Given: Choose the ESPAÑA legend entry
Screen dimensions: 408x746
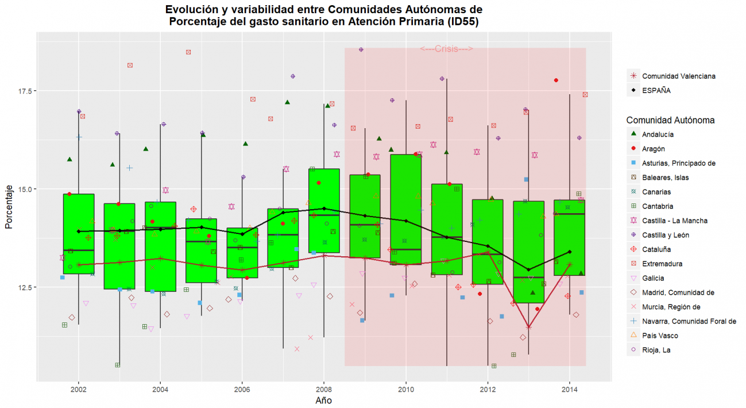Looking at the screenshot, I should coord(656,90).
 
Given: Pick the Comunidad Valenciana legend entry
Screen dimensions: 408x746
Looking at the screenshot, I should coord(678,76).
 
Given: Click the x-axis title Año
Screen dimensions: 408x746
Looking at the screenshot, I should coord(323,400).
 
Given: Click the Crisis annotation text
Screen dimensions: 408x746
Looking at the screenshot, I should coord(446,49).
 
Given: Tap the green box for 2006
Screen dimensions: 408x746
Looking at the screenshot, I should coord(242,253).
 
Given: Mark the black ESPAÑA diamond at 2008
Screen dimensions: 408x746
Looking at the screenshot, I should coord(324,209).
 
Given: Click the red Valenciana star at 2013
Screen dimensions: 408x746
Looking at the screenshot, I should coord(528,327).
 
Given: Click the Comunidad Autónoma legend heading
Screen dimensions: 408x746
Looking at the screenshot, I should coord(670,120).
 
